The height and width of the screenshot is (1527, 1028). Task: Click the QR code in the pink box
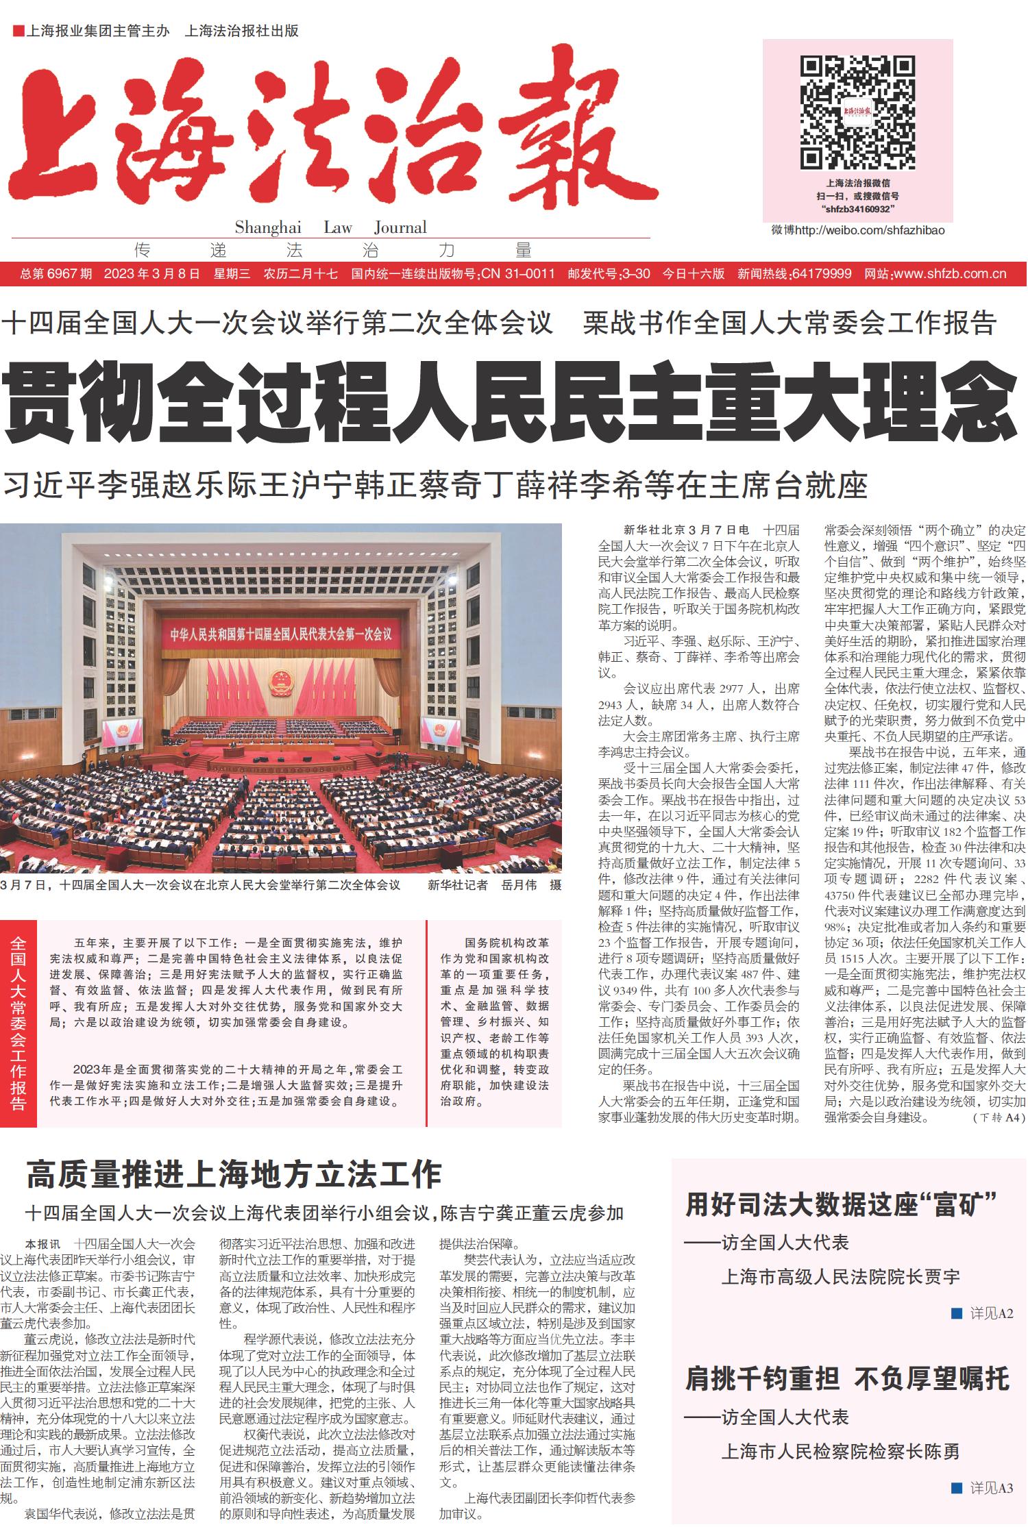(x=857, y=113)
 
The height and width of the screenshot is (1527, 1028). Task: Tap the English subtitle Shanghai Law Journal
(x=330, y=227)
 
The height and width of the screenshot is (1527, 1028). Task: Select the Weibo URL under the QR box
(x=857, y=230)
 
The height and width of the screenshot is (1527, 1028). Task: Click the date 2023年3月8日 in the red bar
(x=151, y=274)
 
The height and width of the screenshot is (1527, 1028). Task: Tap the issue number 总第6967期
(x=56, y=274)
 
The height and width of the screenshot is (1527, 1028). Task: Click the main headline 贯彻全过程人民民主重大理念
(x=511, y=404)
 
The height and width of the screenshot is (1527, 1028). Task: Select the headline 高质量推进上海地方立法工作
(x=234, y=1174)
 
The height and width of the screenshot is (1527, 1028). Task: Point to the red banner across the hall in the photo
(x=281, y=634)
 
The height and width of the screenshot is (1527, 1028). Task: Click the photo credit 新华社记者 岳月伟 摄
(x=494, y=885)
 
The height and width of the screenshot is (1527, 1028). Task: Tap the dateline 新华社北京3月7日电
(x=686, y=530)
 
